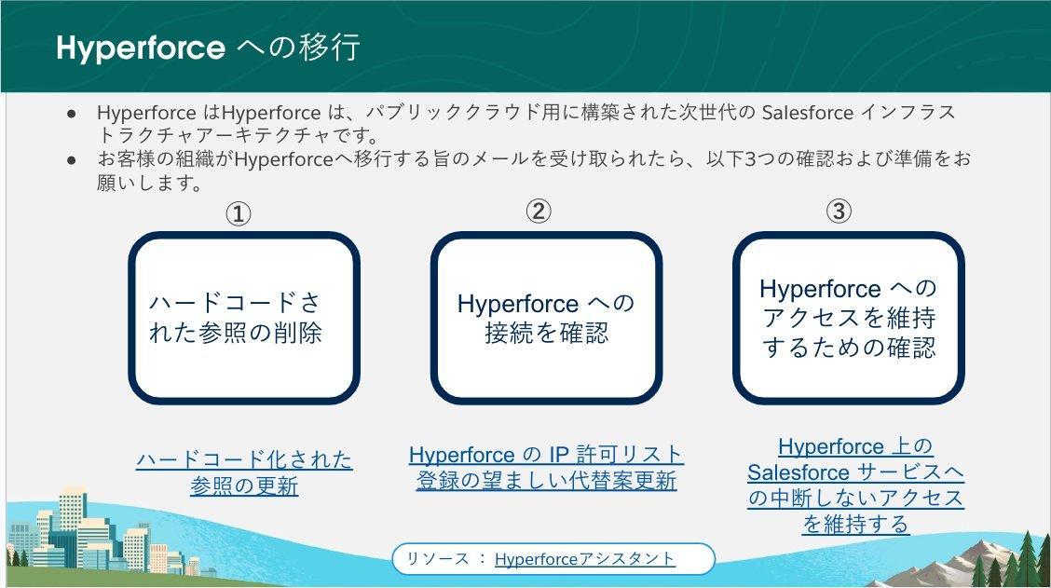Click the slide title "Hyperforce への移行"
tap(209, 48)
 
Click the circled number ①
tap(238, 214)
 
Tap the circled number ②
tap(539, 212)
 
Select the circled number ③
tap(839, 212)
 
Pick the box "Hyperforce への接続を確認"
tap(546, 318)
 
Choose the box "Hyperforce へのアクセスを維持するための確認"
tap(849, 318)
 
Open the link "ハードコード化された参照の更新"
tap(244, 472)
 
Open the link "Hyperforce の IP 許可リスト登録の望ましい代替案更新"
tap(546, 467)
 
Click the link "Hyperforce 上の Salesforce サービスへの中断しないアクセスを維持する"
tap(855, 485)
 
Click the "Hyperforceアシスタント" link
tap(584, 558)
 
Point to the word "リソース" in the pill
tap(438, 558)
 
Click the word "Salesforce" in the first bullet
tap(807, 112)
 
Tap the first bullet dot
tap(72, 114)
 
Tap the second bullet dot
tap(72, 160)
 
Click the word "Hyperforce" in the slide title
tap(141, 48)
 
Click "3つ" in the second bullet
tap(761, 159)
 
